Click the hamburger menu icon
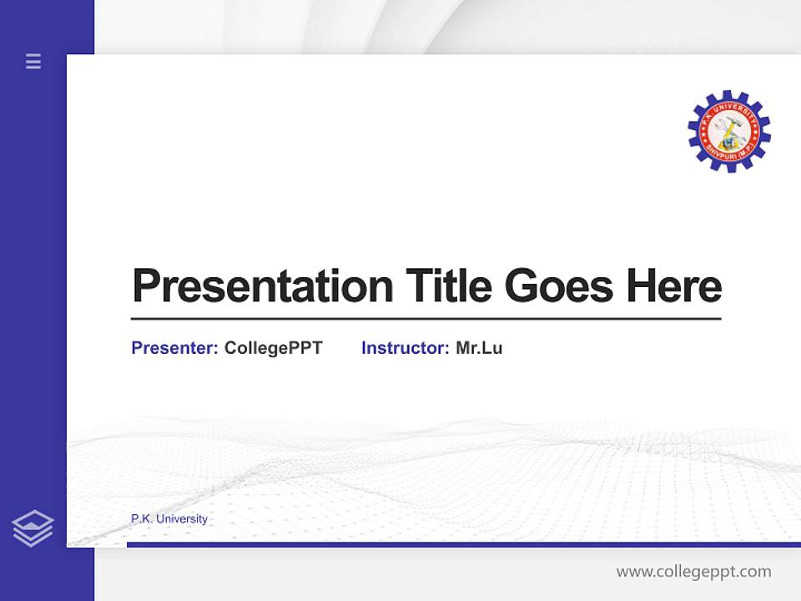33,61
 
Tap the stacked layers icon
33,528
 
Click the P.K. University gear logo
728,132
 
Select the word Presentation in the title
262,286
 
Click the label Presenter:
174,348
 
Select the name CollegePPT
273,348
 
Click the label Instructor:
405,348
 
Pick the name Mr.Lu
479,348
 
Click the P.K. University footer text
169,519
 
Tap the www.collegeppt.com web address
693,572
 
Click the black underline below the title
426,319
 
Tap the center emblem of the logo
728,130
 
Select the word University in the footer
182,519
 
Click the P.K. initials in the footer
142,519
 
